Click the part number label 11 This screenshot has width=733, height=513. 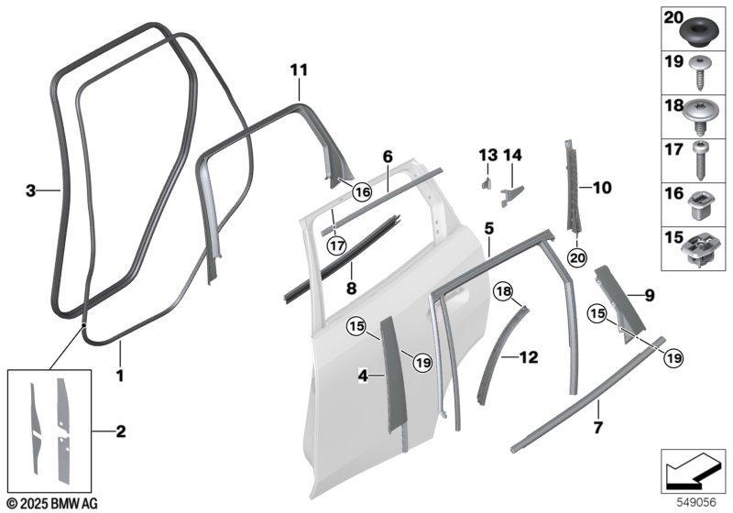tap(300, 71)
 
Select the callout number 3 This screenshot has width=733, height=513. tap(30, 191)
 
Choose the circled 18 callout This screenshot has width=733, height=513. tap(504, 292)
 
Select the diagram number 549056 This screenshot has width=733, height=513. tap(697, 503)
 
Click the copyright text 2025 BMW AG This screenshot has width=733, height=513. tap(52, 504)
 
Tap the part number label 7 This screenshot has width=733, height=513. tap(598, 427)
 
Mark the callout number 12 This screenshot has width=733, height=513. tap(529, 358)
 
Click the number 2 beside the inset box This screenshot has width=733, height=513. tap(121, 431)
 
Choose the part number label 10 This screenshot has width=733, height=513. tap(602, 188)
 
